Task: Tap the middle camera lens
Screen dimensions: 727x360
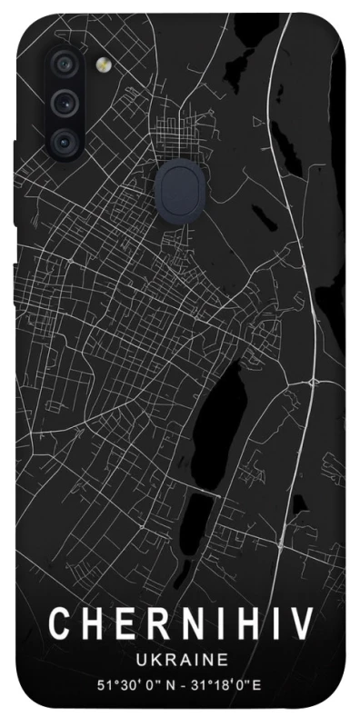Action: tap(64, 102)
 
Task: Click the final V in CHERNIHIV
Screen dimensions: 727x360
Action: tap(303, 626)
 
